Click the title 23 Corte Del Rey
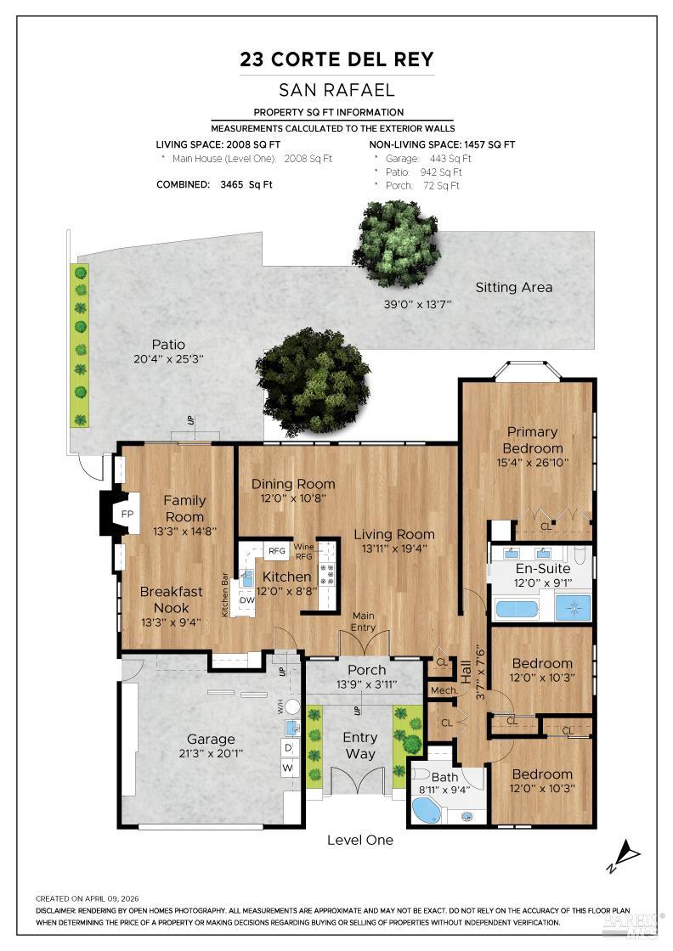click(x=336, y=59)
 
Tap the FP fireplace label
click(x=127, y=515)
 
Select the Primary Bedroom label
click(x=532, y=441)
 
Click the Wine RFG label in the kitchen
click(x=304, y=551)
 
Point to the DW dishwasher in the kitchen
click(x=247, y=600)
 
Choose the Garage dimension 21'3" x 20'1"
click(x=211, y=753)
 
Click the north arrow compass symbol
click(x=623, y=856)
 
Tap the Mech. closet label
click(x=444, y=691)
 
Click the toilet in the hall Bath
click(x=420, y=775)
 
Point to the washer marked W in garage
click(x=288, y=768)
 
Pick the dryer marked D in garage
click(x=288, y=747)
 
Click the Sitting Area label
click(x=514, y=288)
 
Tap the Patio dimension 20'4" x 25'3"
click(x=169, y=359)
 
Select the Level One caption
click(x=359, y=840)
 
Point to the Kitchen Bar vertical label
click(x=224, y=595)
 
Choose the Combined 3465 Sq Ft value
click(x=246, y=184)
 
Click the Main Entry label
click(x=364, y=622)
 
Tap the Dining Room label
click(x=293, y=484)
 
